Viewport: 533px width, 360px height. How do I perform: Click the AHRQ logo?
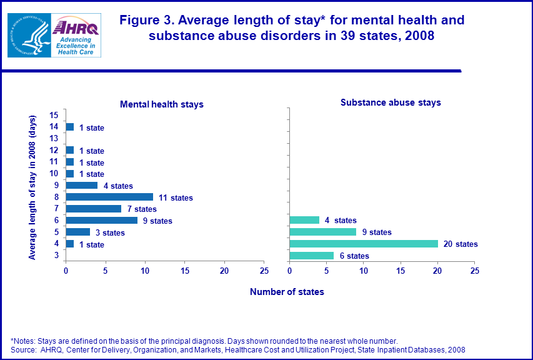[x=76, y=36]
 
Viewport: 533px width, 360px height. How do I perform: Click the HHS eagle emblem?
[x=28, y=36]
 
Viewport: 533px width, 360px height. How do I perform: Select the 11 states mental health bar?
[x=109, y=197]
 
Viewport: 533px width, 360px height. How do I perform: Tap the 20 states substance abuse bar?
[x=364, y=244]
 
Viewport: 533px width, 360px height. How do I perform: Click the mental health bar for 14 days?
[x=69, y=127]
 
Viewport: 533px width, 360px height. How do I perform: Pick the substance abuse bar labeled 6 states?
[x=312, y=256]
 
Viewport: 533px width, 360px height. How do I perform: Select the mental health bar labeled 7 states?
[x=93, y=209]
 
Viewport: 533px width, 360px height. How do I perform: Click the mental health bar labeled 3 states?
[x=77, y=232]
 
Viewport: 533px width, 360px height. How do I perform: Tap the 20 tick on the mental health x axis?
[x=224, y=271]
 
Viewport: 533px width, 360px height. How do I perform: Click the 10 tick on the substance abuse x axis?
[x=364, y=271]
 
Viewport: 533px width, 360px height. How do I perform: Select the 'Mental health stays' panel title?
[x=161, y=104]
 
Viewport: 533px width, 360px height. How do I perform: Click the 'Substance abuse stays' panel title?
[x=391, y=102]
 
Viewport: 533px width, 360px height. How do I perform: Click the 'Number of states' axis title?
[x=287, y=292]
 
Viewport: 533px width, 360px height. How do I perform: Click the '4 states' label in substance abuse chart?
[x=341, y=221]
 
